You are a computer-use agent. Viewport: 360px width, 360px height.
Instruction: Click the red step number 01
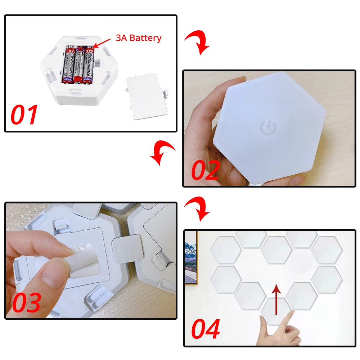[x=24, y=114]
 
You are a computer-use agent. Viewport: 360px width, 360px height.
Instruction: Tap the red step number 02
[x=205, y=170]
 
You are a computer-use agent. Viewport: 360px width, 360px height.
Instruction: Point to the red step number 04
[x=206, y=329]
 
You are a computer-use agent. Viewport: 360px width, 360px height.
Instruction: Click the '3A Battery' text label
[x=139, y=38]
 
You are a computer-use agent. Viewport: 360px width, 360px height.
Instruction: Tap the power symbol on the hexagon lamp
[x=268, y=127]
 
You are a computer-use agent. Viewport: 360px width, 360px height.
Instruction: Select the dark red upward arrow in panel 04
[x=276, y=299]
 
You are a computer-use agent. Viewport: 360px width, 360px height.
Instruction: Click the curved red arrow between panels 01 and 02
[x=198, y=42]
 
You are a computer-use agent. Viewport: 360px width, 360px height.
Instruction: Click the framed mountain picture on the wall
[x=191, y=259]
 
